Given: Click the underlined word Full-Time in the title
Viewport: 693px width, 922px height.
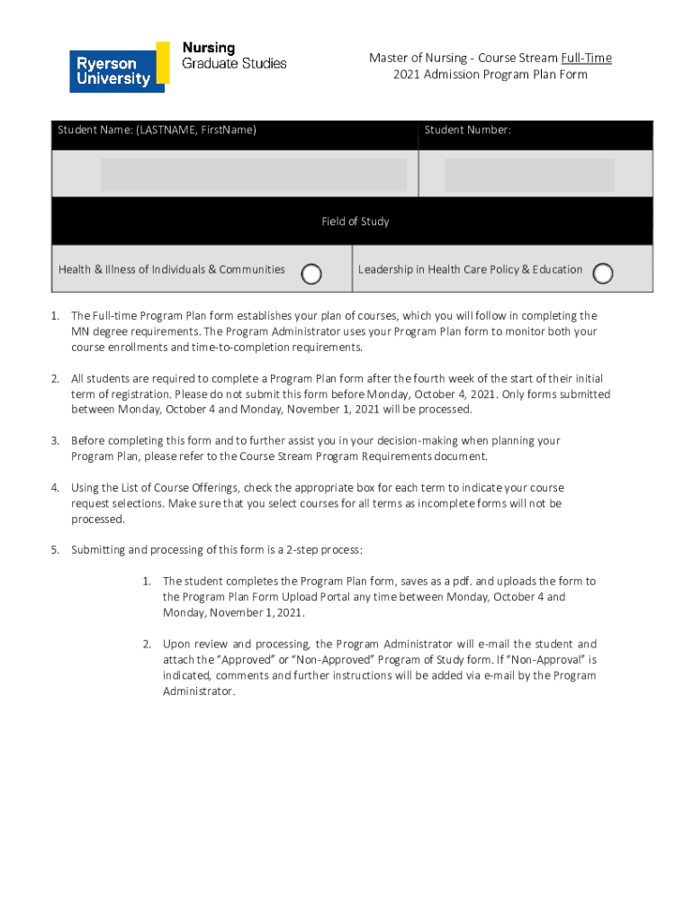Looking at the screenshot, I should [x=586, y=59].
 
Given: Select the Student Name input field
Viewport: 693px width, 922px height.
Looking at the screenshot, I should [x=253, y=175].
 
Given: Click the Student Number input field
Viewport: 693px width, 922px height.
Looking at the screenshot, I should [x=529, y=175].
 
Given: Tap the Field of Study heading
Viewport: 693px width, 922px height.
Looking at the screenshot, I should [x=355, y=221].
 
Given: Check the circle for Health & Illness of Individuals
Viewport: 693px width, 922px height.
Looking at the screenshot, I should [x=311, y=274].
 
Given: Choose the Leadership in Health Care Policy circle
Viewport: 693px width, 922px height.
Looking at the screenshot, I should [x=603, y=274].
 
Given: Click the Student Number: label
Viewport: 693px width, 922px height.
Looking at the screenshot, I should [x=468, y=131].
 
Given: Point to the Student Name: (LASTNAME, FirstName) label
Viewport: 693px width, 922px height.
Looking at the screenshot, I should [x=157, y=131].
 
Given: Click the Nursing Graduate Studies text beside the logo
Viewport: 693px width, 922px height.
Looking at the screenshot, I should [x=234, y=55].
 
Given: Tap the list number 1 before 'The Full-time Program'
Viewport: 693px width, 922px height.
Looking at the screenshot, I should [x=55, y=316].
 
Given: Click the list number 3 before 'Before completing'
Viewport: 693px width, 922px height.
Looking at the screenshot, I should [x=55, y=441].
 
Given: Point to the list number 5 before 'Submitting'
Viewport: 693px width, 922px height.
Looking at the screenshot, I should [x=55, y=550].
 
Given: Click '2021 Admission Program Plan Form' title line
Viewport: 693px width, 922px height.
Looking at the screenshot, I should [x=490, y=75].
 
